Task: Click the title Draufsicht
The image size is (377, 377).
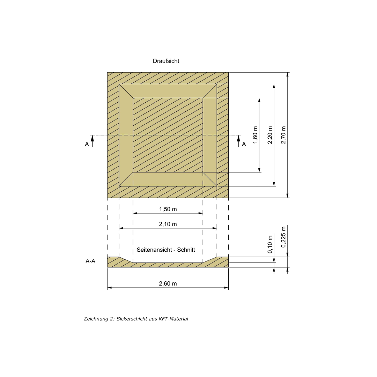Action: [x=166, y=61]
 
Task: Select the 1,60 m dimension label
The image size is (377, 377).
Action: [x=255, y=135]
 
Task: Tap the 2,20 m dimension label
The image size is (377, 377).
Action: [x=270, y=135]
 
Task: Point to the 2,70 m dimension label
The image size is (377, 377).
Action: [x=283, y=135]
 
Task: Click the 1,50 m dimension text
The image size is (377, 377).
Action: [x=168, y=209]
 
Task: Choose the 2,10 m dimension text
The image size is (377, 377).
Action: [x=168, y=224]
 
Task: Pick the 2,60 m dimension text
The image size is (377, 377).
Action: [x=168, y=283]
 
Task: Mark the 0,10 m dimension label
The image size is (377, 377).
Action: [x=270, y=244]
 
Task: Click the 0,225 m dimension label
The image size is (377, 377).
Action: [x=283, y=237]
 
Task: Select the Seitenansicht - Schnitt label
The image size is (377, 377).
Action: [x=166, y=250]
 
